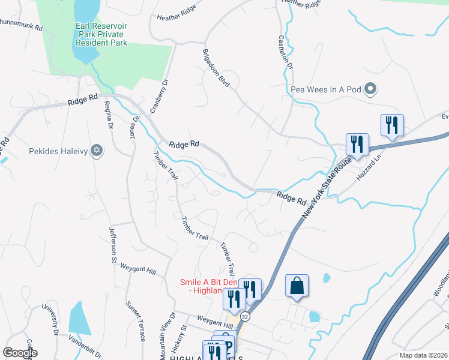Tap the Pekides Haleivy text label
(x=58, y=151)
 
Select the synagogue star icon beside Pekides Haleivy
(x=96, y=150)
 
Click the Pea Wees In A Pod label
(x=325, y=89)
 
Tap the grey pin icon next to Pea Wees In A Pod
(x=370, y=89)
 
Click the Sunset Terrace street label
(x=134, y=321)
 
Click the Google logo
(x=20, y=353)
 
